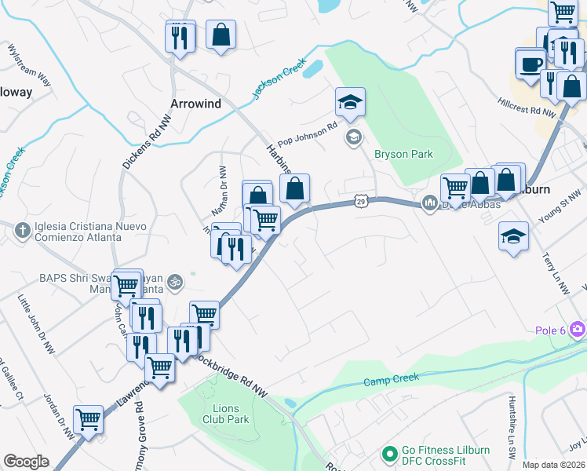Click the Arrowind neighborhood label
(196, 104)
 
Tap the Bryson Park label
(403, 155)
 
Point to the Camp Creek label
(391, 381)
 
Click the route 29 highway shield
(360, 202)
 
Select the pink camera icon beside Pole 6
(578, 328)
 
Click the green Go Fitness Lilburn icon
(388, 455)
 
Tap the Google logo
(26, 462)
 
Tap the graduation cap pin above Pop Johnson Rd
(350, 102)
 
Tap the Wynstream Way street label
(29, 70)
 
